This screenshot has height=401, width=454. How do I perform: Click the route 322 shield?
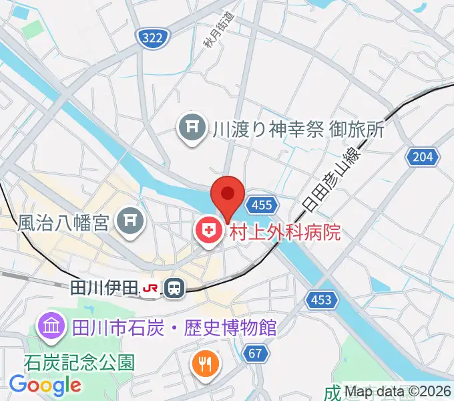152,39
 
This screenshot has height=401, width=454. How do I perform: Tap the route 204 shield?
423,157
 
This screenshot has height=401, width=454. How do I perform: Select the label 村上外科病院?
285,232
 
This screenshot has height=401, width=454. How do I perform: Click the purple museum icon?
51,327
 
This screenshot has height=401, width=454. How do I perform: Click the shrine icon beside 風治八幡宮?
130,221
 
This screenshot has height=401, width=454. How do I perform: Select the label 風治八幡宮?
63,222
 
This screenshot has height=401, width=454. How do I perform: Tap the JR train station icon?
175,287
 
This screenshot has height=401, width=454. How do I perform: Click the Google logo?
45,386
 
